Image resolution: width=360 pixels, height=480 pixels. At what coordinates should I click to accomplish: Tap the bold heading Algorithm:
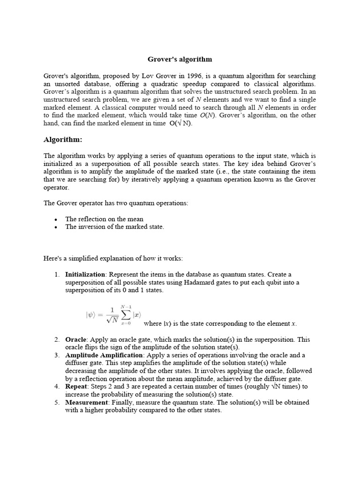click(63, 140)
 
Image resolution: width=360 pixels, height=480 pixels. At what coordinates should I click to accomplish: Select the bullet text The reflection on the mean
click(104, 219)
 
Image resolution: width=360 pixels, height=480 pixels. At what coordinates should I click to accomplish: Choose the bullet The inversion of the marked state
click(114, 227)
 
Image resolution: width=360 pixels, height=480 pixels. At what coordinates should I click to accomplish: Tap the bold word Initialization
click(85, 274)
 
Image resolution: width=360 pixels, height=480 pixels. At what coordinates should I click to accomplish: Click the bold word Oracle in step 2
click(75, 339)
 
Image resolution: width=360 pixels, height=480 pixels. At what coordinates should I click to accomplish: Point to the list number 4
click(56, 387)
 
